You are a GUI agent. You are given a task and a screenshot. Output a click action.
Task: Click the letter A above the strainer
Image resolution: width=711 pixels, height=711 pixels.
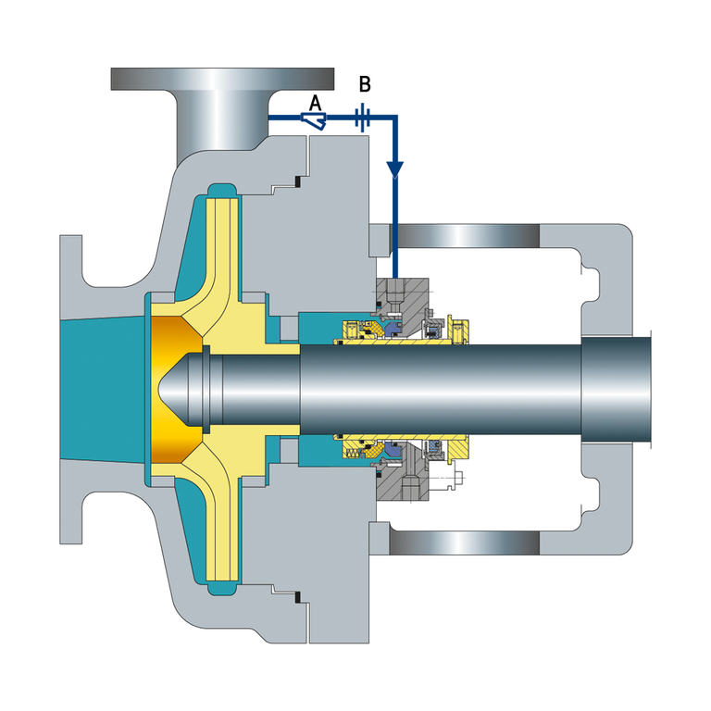pyautogui.click(x=315, y=103)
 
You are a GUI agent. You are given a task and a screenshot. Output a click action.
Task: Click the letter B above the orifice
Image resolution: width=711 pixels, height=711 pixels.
pyautogui.click(x=365, y=84)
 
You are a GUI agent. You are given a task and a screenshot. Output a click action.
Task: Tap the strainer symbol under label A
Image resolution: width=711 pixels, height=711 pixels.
pyautogui.click(x=314, y=121)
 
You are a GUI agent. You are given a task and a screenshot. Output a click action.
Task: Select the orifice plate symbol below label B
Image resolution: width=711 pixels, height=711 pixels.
pyautogui.click(x=362, y=118)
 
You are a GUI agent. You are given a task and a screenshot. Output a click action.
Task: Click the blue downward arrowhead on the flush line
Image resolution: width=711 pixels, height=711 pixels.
pyautogui.click(x=395, y=169)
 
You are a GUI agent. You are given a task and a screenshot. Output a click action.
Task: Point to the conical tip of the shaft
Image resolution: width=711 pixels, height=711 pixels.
pyautogui.click(x=173, y=390)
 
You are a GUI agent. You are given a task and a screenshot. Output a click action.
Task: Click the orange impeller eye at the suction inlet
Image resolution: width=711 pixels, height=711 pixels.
pyautogui.click(x=175, y=390)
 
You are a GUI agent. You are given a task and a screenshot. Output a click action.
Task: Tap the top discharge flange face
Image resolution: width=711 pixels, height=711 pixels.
pyautogui.click(x=222, y=79)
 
